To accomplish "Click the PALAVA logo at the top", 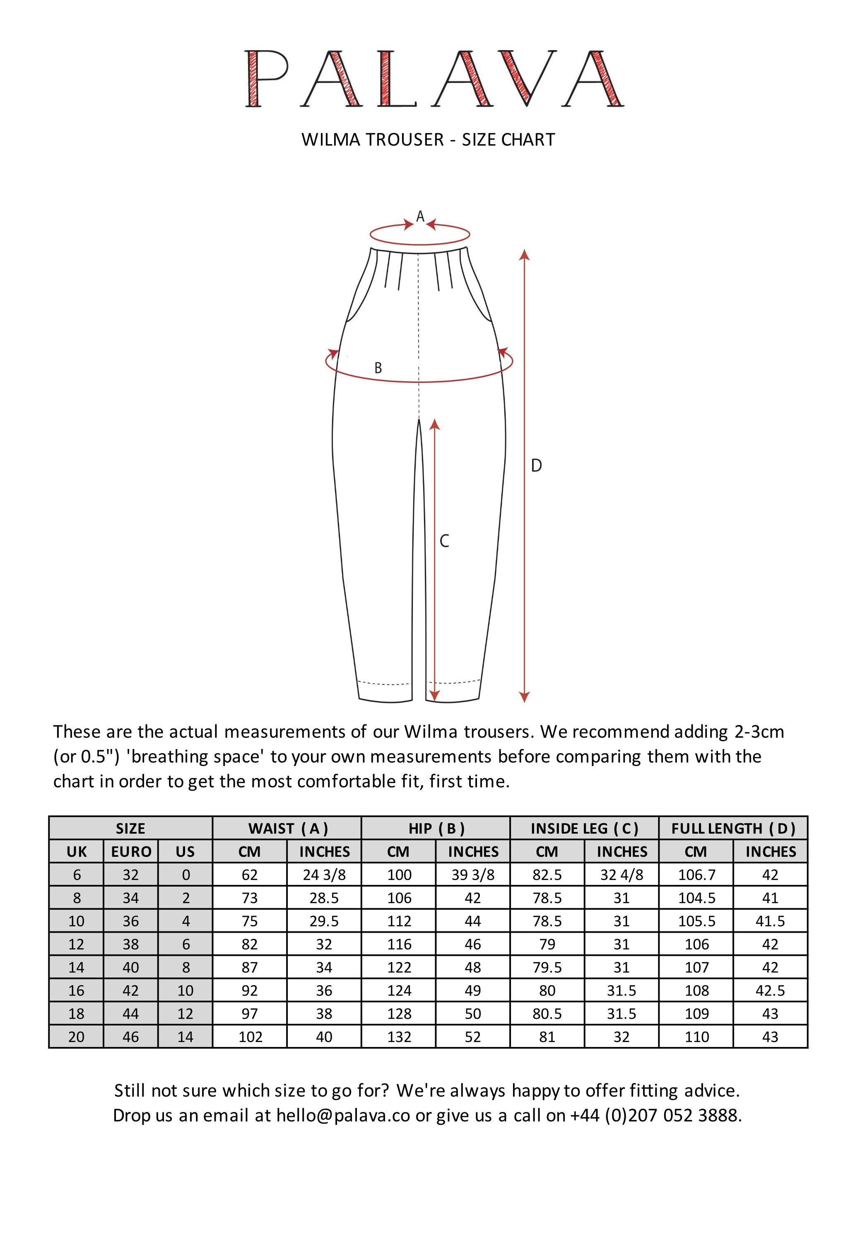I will pos(434,79).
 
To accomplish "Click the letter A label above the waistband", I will pos(420,216).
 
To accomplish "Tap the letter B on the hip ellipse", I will pos(378,368).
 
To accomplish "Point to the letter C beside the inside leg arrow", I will pos(444,542).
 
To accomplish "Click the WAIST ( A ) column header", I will pos(287,829).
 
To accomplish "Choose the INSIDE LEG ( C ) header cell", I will pos(584,829).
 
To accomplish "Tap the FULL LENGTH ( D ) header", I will pos(733,829).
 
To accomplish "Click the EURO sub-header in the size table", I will pos(131,852).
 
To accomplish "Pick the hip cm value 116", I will pos(399,944).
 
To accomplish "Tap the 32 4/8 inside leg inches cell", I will pos(622,875).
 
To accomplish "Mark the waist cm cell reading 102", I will pos(250,1037).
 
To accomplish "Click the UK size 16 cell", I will pos(77,991).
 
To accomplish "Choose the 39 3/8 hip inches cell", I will pos(473,875).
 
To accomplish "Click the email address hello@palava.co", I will pos(343,1115).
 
